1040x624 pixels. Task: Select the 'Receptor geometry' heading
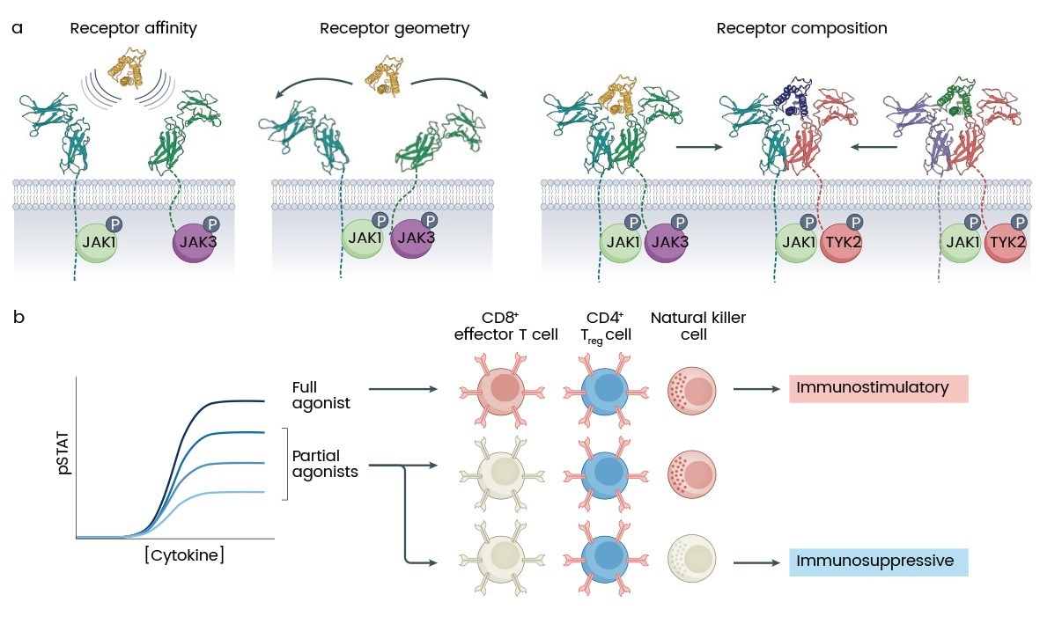click(x=395, y=29)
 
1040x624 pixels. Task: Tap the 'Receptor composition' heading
click(x=801, y=29)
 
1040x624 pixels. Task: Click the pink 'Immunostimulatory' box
click(x=878, y=388)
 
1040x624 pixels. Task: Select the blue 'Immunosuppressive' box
click(x=878, y=562)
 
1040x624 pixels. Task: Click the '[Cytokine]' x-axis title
click(x=184, y=555)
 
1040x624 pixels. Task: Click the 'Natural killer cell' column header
click(x=692, y=325)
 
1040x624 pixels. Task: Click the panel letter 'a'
click(x=17, y=27)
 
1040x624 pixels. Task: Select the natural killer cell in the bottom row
click(x=691, y=560)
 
